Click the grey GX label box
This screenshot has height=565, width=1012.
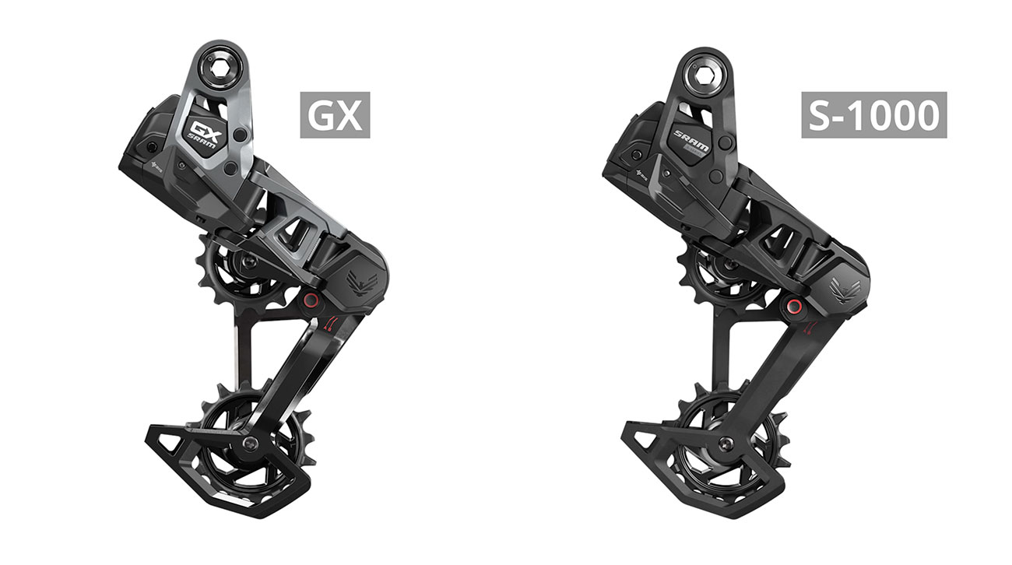(336, 114)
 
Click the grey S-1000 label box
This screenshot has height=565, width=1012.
(874, 114)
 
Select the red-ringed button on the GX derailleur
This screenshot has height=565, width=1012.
(311, 300)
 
